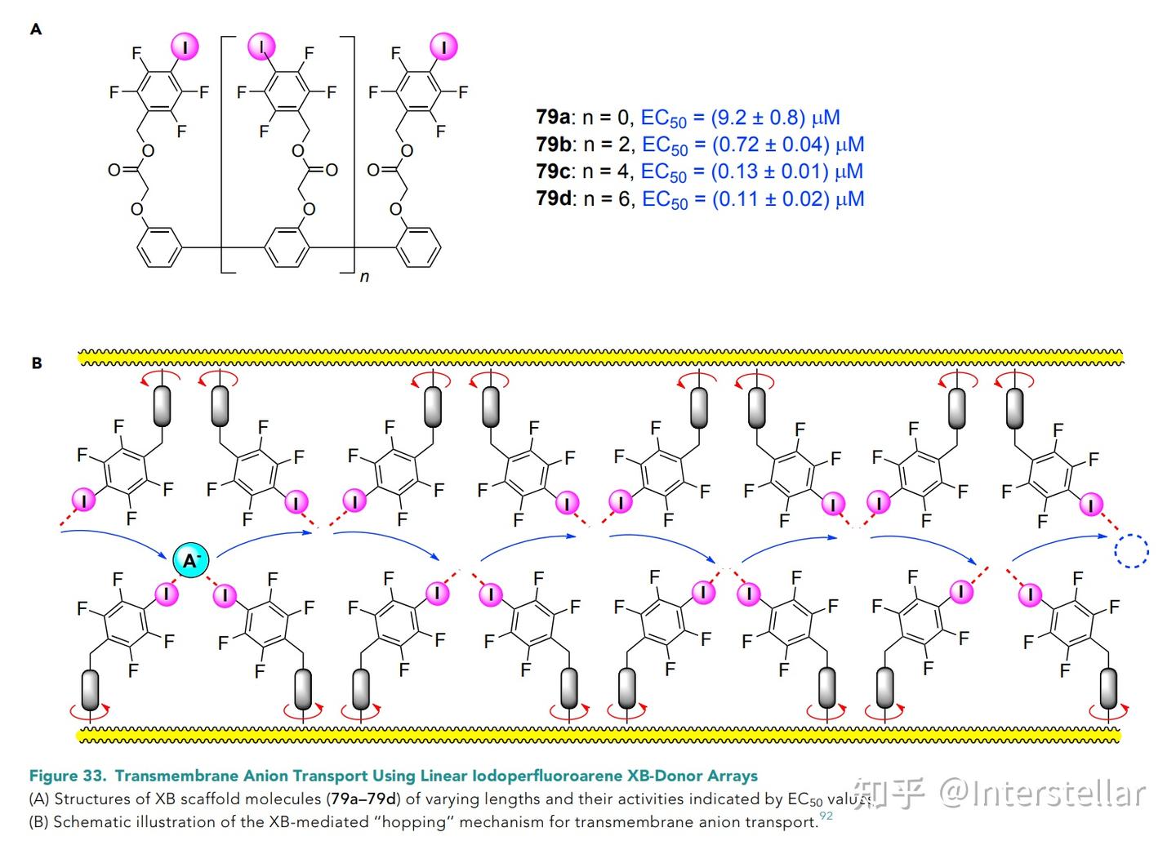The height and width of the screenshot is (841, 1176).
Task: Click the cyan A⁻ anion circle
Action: point(191,560)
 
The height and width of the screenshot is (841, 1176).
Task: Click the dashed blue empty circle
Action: point(1131,550)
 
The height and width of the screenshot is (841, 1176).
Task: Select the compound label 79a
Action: point(552,117)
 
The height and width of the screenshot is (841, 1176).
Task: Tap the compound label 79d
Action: point(554,198)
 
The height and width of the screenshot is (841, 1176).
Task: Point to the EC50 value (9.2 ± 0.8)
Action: point(758,117)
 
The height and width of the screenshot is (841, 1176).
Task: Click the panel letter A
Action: point(36,29)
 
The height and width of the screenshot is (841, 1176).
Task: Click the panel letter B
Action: point(37,363)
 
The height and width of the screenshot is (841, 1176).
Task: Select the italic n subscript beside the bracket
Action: point(364,277)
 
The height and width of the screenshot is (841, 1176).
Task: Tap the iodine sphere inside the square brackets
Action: point(261,47)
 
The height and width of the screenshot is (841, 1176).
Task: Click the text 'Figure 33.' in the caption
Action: point(68,776)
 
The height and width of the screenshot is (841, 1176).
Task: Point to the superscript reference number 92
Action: point(826,815)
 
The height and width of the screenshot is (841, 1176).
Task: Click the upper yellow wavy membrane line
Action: point(600,358)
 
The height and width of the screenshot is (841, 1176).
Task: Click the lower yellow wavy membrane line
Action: point(599,735)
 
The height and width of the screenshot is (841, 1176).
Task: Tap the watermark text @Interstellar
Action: point(1041,793)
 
